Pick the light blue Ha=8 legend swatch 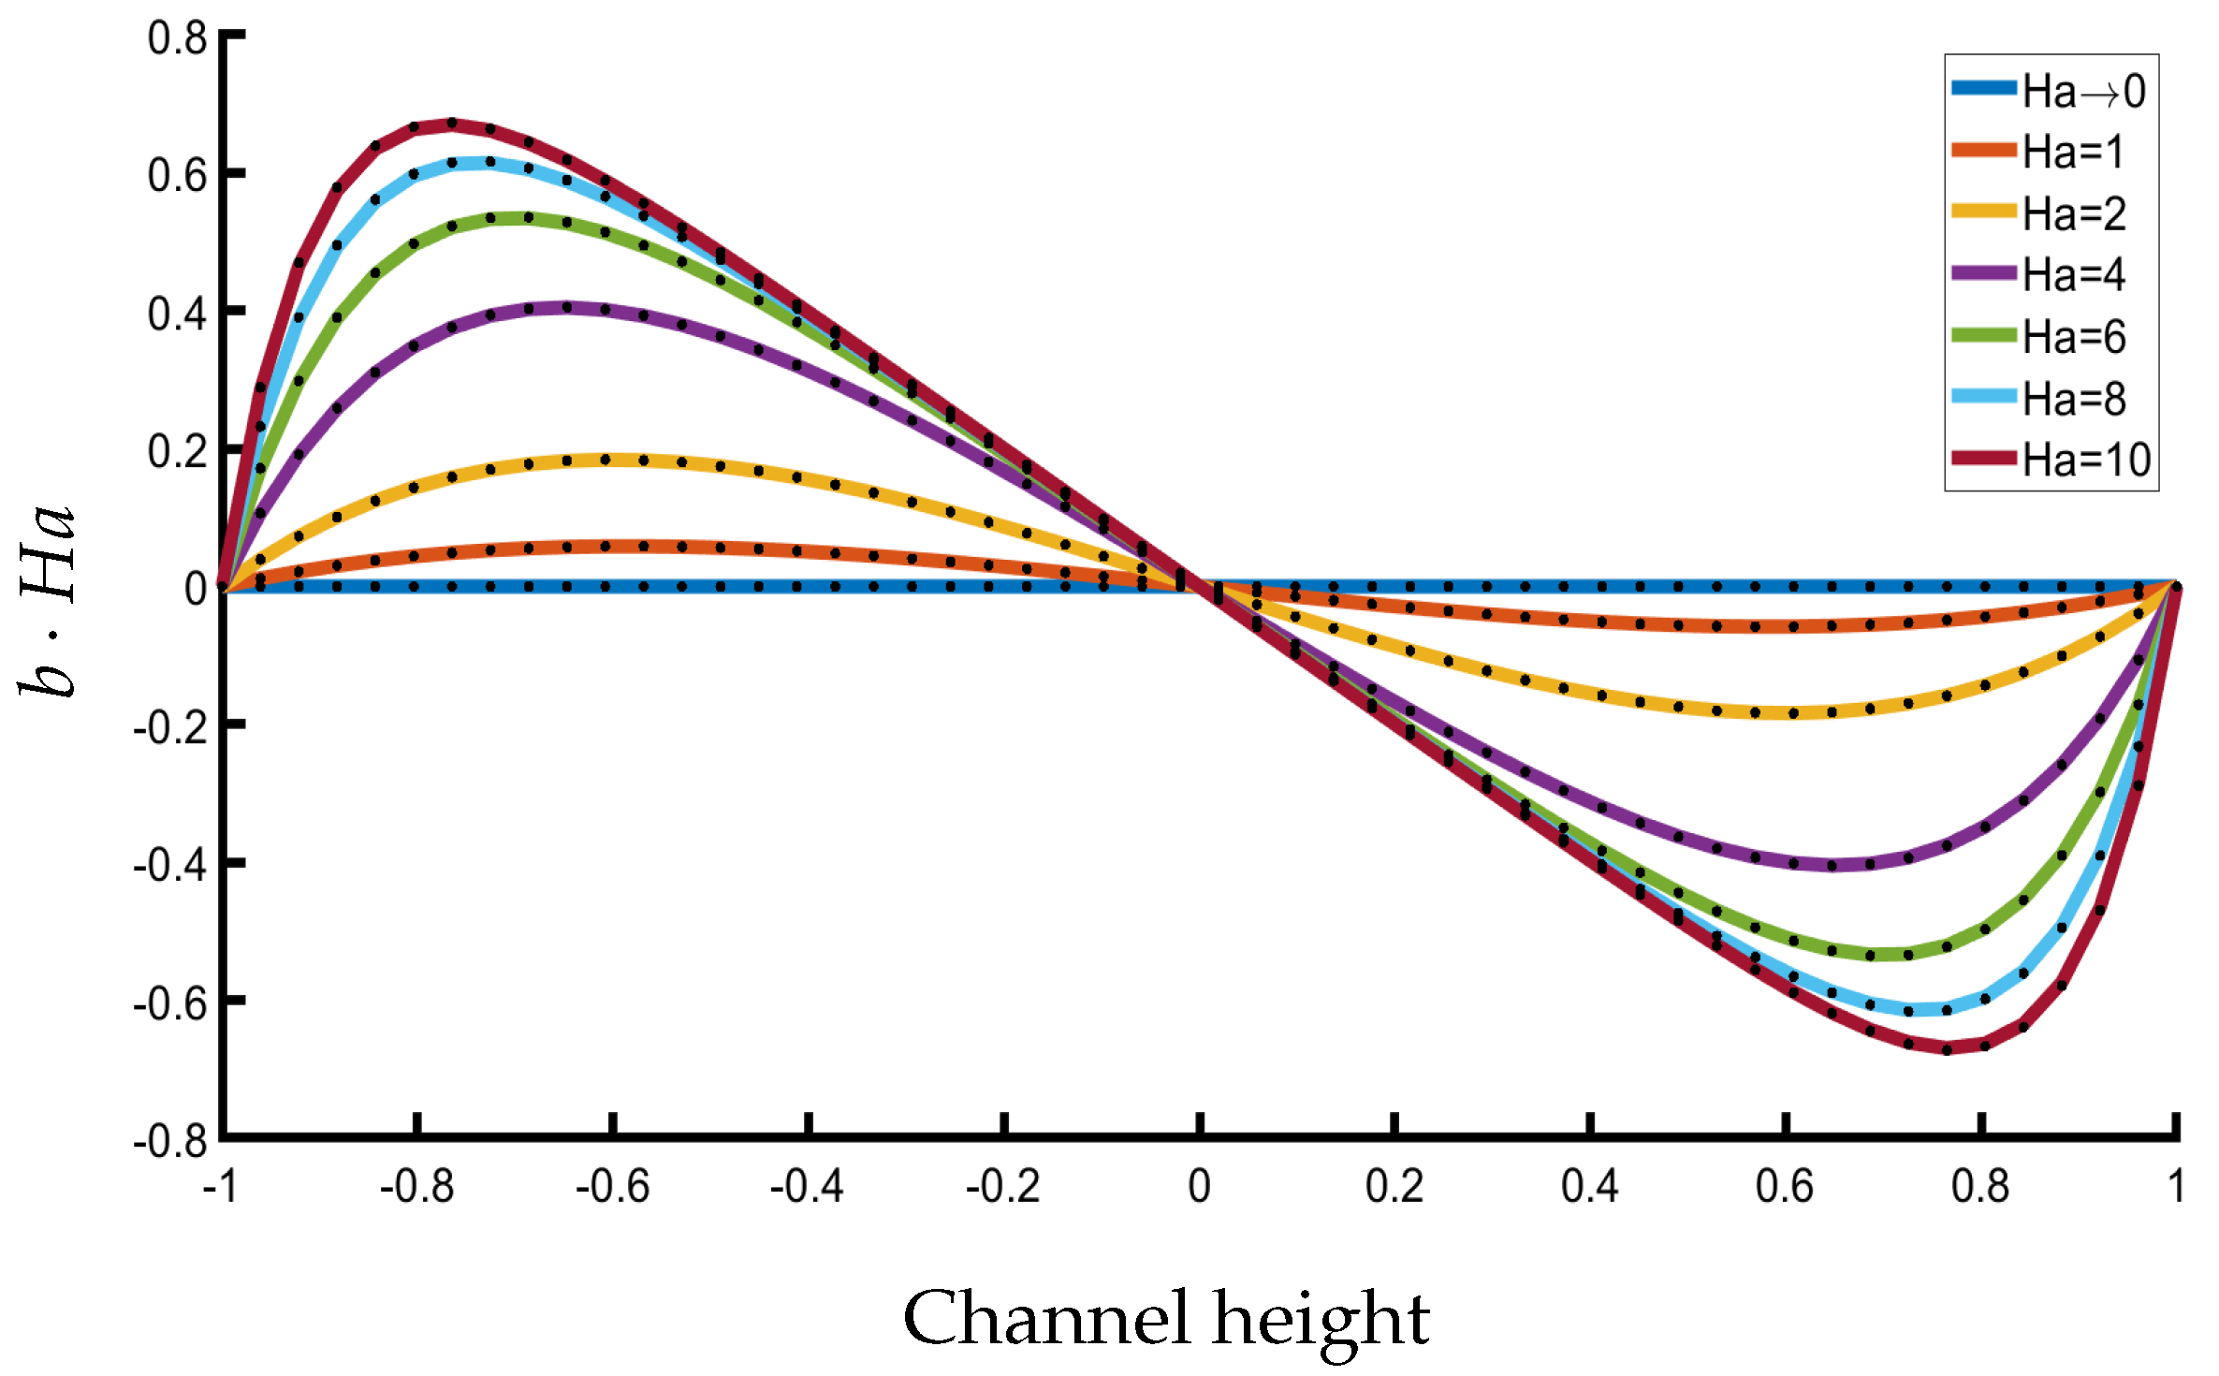point(1983,396)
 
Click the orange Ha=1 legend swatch point(1983,150)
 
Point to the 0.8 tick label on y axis point(177,38)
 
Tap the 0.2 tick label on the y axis point(177,452)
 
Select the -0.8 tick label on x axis point(416,1187)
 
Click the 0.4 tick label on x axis point(1589,1187)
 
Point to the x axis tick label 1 point(2176,1187)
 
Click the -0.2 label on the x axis point(1002,1187)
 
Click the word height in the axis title point(1321,1317)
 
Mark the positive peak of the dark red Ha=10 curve point(451,123)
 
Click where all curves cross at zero point(1199,586)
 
